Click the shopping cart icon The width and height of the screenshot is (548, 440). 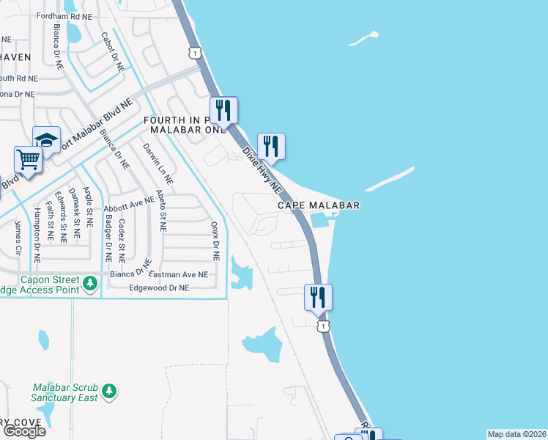tap(27, 159)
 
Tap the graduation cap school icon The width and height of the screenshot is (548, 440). tap(47, 139)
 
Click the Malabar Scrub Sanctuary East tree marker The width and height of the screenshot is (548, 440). tap(109, 391)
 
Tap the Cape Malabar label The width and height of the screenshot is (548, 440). tap(319, 206)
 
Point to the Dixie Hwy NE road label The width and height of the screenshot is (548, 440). tap(262, 169)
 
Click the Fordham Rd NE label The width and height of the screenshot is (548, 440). tap(67, 15)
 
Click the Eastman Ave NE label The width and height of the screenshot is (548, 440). tap(178, 274)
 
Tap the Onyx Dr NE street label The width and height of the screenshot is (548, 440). tap(215, 241)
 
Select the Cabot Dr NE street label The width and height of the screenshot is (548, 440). tap(112, 51)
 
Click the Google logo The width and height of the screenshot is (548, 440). tap(23, 431)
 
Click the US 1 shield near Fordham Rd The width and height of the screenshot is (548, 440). tap(193, 51)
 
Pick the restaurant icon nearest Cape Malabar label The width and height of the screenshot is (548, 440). tap(271, 146)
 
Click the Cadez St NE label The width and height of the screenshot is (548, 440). tap(122, 241)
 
